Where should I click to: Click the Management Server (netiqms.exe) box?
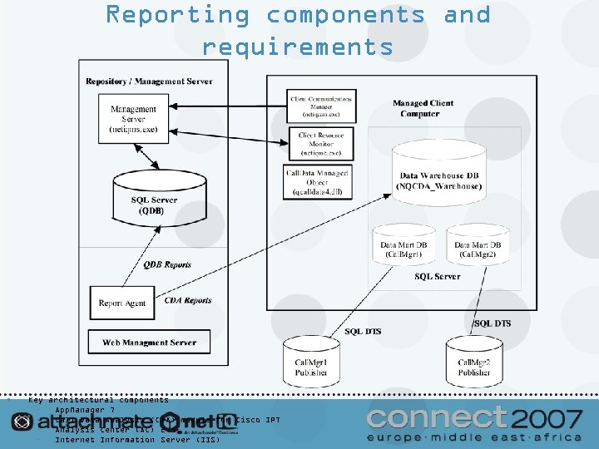pyautogui.click(x=133, y=120)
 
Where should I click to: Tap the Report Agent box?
pyautogui.click(x=122, y=303)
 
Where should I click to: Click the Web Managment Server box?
pyautogui.click(x=149, y=342)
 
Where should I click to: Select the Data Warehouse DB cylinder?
pyautogui.click(x=439, y=175)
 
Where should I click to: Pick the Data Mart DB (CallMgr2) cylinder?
pyautogui.click(x=478, y=248)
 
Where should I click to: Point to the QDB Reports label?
pyautogui.click(x=167, y=264)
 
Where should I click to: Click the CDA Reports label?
pyautogui.click(x=188, y=300)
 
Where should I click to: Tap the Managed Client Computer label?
pyautogui.click(x=423, y=108)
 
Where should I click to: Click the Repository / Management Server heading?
pyautogui.click(x=149, y=81)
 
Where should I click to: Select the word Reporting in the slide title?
pyautogui.click(x=177, y=15)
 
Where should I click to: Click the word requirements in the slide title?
pyautogui.click(x=298, y=47)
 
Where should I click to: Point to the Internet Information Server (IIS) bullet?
pyautogui.click(x=137, y=440)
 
